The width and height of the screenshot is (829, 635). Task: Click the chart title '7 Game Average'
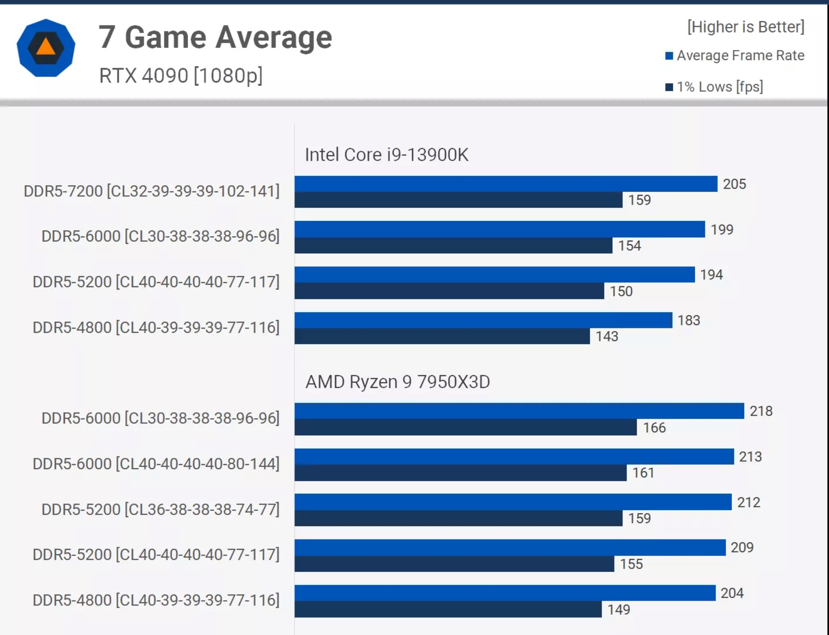215,38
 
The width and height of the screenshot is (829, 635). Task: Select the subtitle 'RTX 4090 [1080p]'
181,75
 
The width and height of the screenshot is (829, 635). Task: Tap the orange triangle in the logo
46,47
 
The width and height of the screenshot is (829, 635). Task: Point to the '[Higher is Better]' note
746,27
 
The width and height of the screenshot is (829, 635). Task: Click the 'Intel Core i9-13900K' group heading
387,155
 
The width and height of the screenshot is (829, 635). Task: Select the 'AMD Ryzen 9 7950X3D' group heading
398,382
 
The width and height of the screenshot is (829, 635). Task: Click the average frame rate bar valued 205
505,184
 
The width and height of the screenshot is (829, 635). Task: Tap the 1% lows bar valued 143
442,336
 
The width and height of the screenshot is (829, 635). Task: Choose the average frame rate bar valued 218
519,411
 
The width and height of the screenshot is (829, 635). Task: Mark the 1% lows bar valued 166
465,427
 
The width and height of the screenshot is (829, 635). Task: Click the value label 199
722,230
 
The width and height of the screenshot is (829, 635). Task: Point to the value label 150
621,291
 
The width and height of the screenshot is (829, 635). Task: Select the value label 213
750,457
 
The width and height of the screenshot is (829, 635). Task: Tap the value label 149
619,610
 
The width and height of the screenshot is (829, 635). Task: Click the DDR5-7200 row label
151,191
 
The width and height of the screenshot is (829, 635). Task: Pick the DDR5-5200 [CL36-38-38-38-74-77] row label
160,509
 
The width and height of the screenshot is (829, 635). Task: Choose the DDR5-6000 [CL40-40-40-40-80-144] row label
156,464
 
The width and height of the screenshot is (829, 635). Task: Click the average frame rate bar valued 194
494,275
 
